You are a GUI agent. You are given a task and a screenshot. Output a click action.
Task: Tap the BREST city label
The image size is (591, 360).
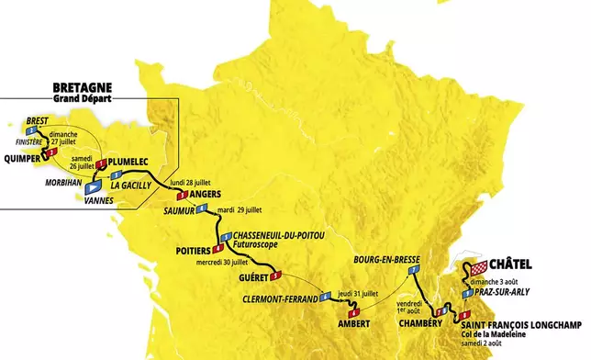click(38, 120)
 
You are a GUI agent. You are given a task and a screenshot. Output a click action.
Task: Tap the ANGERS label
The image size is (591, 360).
click(190, 194)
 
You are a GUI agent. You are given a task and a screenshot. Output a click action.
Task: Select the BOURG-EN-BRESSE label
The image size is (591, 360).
click(385, 260)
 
